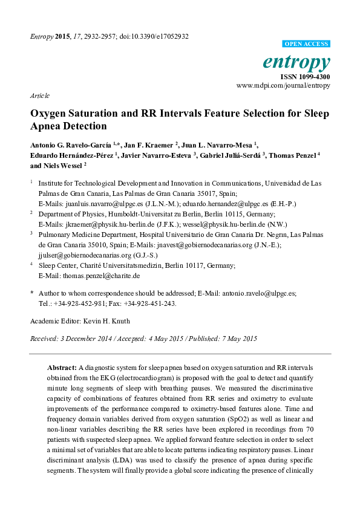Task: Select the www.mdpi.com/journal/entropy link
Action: pos(283,86)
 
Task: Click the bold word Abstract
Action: pos(62,367)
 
